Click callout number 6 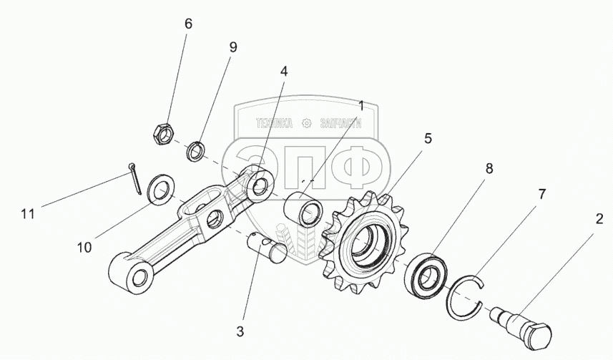coord(188,24)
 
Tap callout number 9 coord(232,48)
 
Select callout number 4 coord(284,72)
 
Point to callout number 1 coord(361,105)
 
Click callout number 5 coord(428,139)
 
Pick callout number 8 coord(489,169)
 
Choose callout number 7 coord(541,195)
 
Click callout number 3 coord(240,332)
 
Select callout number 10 coord(84,247)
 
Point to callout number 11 coord(28,213)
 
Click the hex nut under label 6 coord(162,133)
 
